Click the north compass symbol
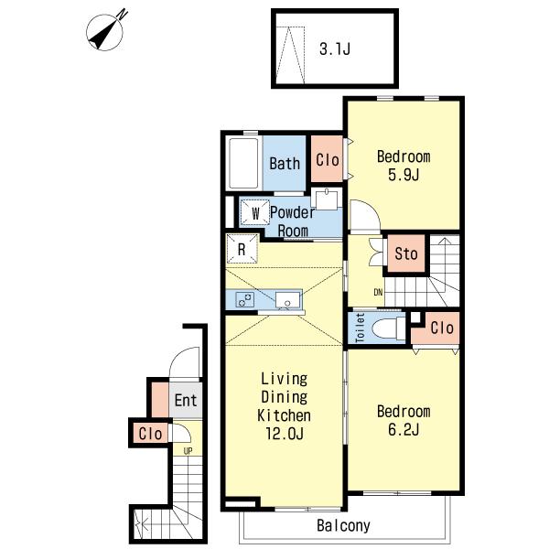[x=104, y=32]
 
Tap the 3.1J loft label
[x=335, y=48]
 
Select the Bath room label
[x=285, y=164]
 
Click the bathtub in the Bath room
[x=244, y=164]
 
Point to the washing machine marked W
[x=254, y=212]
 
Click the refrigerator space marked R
[x=242, y=249]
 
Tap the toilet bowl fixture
[x=388, y=328]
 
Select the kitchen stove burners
[x=244, y=300]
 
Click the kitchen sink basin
[x=287, y=300]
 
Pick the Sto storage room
[x=406, y=253]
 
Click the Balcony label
[x=343, y=525]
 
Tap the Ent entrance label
[x=186, y=400]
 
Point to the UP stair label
[x=188, y=451]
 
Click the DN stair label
[x=378, y=292]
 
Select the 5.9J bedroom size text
[x=404, y=175]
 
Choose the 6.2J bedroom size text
[x=404, y=429]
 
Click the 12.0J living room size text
[x=285, y=434]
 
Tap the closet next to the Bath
[x=327, y=159]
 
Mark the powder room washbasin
[x=327, y=199]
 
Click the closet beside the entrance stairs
[x=150, y=434]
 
